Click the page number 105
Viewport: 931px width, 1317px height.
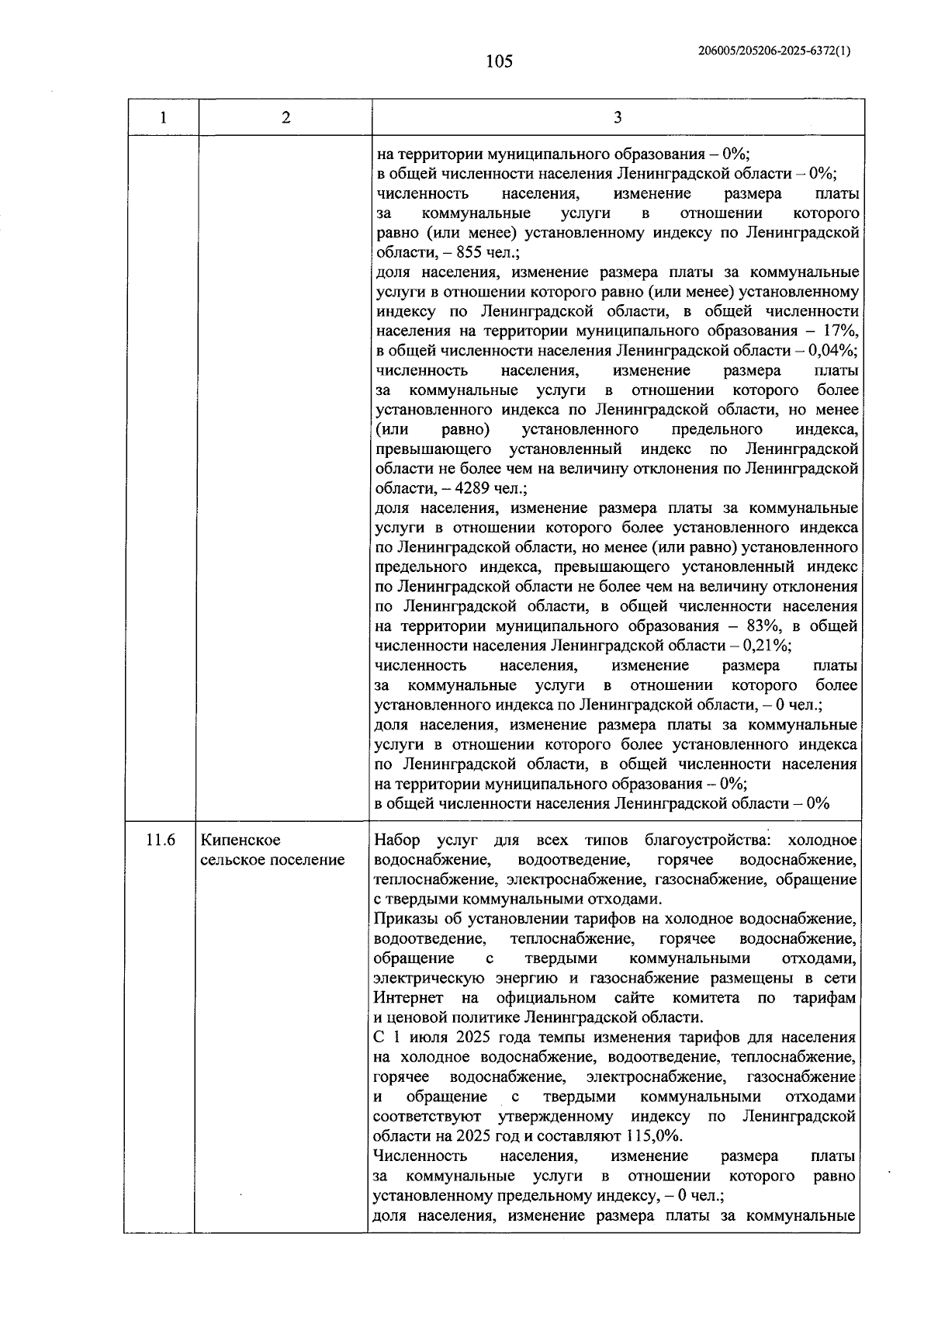(499, 61)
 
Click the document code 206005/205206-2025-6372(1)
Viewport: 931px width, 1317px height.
(774, 51)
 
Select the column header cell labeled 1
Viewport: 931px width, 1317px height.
(162, 118)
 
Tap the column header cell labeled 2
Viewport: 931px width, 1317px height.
(286, 118)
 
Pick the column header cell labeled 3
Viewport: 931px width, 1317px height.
(618, 118)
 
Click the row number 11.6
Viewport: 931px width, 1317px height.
(160, 840)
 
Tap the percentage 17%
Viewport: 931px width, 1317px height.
(840, 331)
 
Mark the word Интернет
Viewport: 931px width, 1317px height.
(408, 998)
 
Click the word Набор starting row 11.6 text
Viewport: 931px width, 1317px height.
(396, 840)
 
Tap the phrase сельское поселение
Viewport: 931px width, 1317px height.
(272, 860)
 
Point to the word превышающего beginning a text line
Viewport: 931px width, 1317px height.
(433, 449)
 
